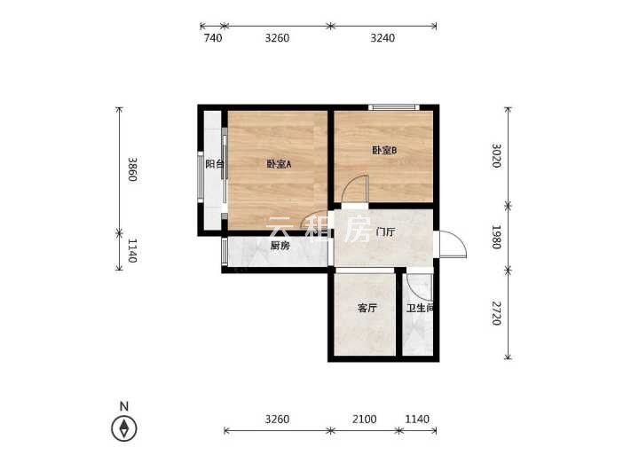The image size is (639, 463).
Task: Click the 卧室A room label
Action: click(x=280, y=164)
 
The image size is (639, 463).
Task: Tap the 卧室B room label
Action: click(x=384, y=150)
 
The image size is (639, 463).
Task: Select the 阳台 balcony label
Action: click(x=215, y=164)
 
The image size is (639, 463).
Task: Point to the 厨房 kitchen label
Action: click(x=280, y=246)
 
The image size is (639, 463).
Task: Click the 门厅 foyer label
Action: click(x=385, y=232)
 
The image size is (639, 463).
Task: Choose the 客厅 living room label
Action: click(x=367, y=309)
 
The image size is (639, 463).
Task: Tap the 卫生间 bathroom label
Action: click(x=419, y=309)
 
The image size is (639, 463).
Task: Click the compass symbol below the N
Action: click(x=124, y=428)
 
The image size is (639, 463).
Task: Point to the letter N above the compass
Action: click(x=124, y=406)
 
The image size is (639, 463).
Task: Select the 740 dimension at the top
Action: click(x=213, y=38)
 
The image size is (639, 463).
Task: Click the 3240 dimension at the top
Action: click(x=383, y=38)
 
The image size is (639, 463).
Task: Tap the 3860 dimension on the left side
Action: click(x=132, y=169)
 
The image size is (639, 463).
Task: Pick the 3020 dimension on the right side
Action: click(x=496, y=155)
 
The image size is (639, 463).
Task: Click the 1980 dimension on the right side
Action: click(x=496, y=237)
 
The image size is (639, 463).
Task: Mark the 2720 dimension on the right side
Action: click(x=496, y=314)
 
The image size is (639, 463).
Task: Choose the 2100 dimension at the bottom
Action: click(x=365, y=419)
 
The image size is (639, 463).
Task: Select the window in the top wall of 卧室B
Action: click(x=394, y=107)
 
